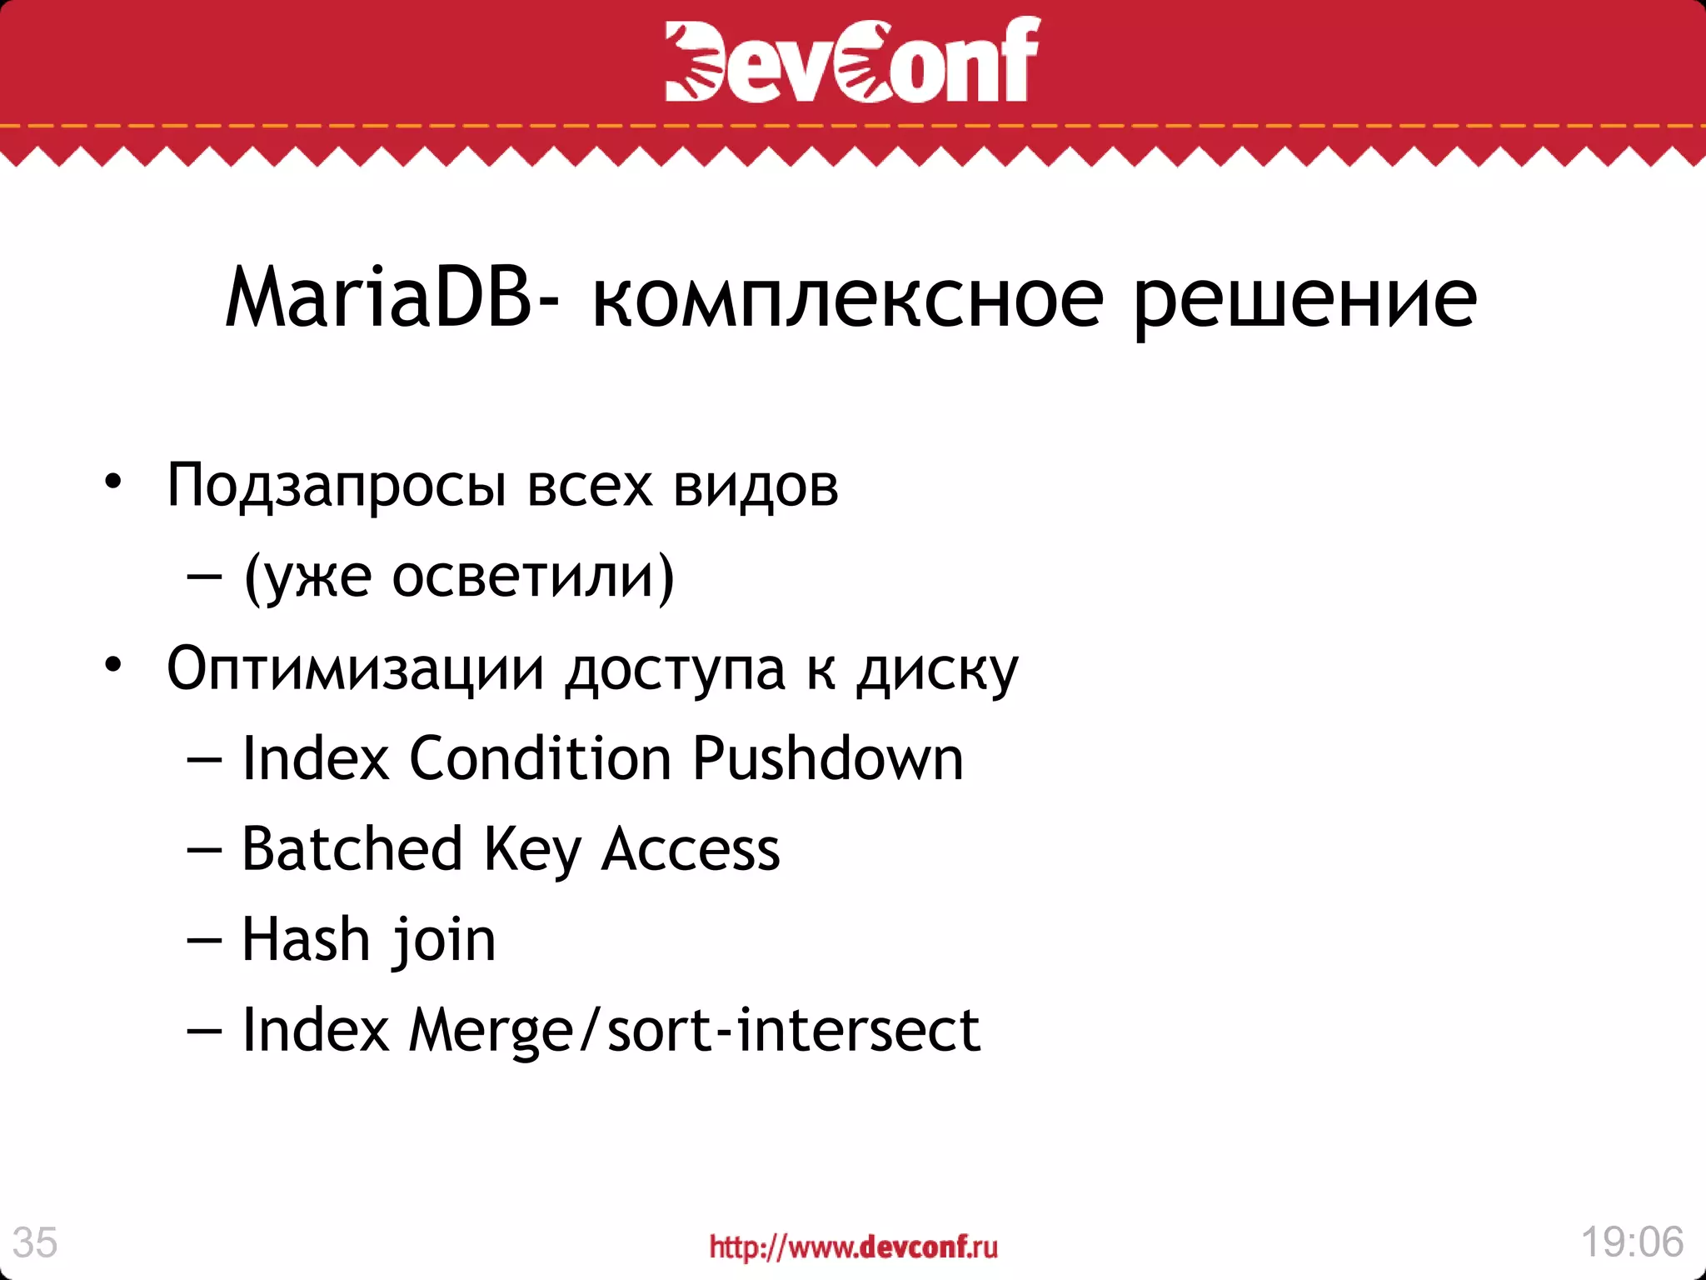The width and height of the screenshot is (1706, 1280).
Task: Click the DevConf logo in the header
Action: pos(852,60)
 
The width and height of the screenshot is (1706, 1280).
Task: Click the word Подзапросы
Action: pos(336,486)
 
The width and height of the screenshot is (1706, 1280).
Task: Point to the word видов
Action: pos(755,486)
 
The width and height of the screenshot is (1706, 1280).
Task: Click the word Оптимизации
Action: pos(355,668)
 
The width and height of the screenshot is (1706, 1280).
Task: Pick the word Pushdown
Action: pos(827,759)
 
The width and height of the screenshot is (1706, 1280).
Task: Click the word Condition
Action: pos(540,759)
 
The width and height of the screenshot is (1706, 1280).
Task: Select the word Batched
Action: pos(352,849)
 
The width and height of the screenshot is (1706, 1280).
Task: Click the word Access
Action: pos(690,851)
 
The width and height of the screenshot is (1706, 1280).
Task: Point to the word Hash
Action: pos(305,940)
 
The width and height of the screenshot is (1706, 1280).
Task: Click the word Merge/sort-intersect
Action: pos(694,1031)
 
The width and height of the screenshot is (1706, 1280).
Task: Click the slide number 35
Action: pos(35,1242)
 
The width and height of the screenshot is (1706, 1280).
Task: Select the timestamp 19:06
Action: pos(1632,1242)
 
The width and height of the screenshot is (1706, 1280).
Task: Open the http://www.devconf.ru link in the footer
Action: pos(853,1247)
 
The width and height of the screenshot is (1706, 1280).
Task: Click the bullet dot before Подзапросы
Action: pos(113,482)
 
